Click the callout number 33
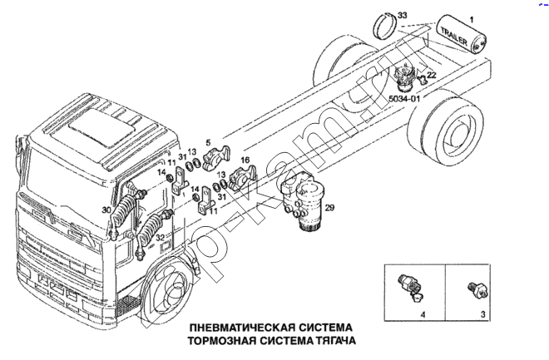[403, 16]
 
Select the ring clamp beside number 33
[383, 28]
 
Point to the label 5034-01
[404, 100]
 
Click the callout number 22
[432, 76]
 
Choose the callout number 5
[209, 143]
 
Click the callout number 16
[245, 159]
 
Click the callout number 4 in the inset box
[423, 315]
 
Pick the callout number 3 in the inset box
[483, 315]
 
